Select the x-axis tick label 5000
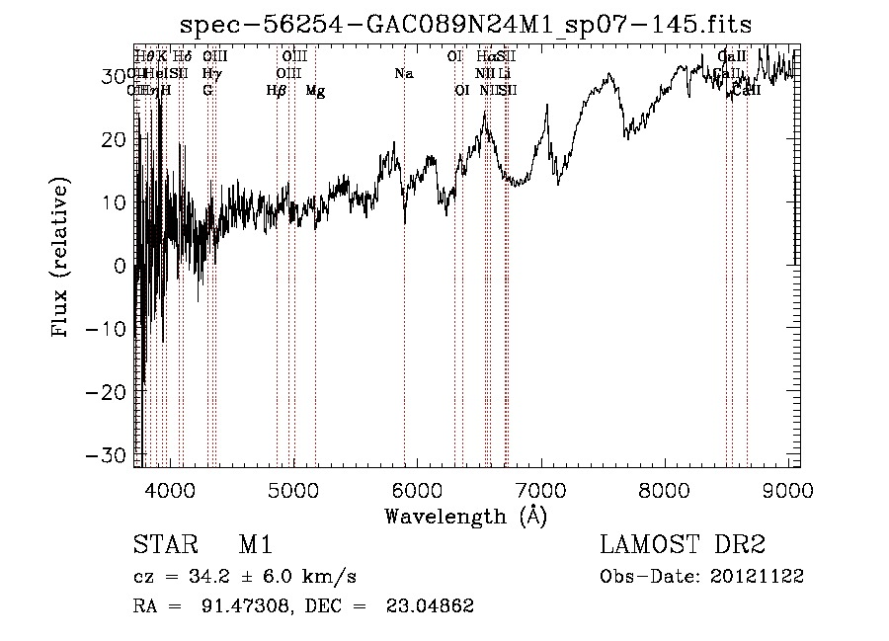coord(293,488)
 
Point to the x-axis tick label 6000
coord(417,488)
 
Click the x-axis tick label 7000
coord(540,488)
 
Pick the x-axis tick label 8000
coord(664,488)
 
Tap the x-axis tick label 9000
coord(787,488)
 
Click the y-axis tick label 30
coord(116,76)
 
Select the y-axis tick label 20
coord(116,139)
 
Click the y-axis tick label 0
coord(121,266)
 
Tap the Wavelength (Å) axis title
coord(465,515)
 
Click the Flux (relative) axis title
coord(61,259)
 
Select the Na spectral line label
coord(403,74)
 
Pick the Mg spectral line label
coord(315,91)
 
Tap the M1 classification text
coord(255,546)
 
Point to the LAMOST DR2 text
coord(683,546)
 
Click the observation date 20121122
coord(760,577)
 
